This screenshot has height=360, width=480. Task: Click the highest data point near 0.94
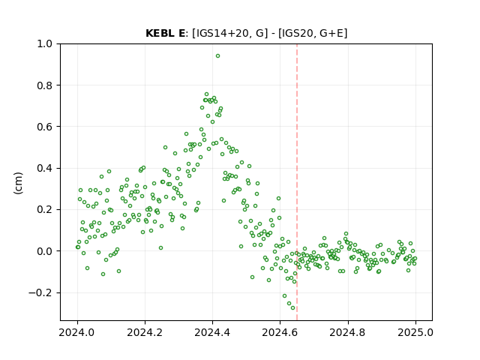[x=217, y=56]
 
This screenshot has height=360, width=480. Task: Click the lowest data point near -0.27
[x=292, y=308]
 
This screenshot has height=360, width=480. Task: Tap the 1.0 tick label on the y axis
[x=45, y=43]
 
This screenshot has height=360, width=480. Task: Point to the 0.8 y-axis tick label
[x=45, y=85]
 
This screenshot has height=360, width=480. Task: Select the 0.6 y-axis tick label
[x=45, y=127]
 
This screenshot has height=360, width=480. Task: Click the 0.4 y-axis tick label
[x=45, y=168]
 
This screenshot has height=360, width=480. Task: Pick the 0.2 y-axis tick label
[x=45, y=210]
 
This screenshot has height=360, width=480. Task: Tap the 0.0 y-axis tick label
[x=45, y=251]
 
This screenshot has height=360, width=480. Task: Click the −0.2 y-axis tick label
[x=40, y=293]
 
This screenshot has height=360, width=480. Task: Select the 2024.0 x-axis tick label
[x=77, y=332]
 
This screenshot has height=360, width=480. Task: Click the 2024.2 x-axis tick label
[x=145, y=332]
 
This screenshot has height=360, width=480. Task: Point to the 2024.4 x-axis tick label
[x=212, y=332]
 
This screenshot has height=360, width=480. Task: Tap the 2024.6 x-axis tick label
[x=280, y=332]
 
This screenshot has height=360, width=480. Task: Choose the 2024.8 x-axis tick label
[x=348, y=332]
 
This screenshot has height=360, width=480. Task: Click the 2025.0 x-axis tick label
[x=415, y=332]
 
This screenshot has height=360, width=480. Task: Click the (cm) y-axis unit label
[x=18, y=183]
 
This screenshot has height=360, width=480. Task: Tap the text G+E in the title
[x=331, y=33]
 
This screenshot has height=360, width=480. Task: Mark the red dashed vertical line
[x=297, y=182]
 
